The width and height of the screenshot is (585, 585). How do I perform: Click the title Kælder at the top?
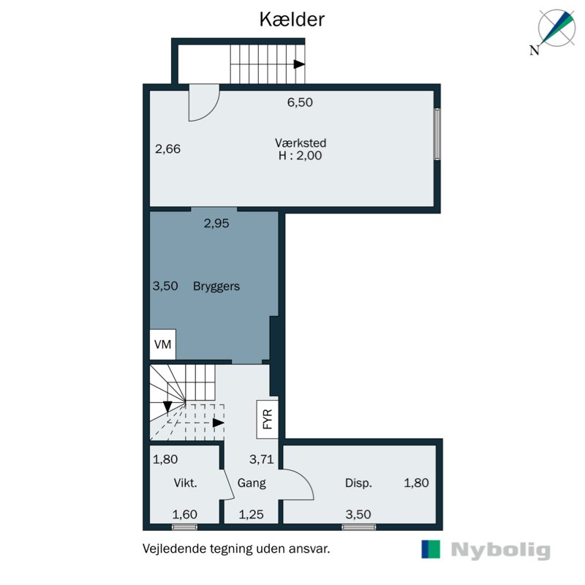[292, 20]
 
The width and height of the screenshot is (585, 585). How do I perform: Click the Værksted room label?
[300, 143]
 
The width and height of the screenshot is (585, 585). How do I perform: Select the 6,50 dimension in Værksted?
[300, 102]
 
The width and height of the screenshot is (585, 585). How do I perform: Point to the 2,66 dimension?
[167, 148]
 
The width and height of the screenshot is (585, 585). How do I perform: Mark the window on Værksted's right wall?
[437, 134]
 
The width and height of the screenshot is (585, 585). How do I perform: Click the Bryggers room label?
[216, 286]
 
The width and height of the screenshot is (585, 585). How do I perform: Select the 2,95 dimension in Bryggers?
[216, 224]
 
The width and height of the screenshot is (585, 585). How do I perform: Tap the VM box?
[162, 344]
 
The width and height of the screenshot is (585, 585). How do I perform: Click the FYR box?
[267, 418]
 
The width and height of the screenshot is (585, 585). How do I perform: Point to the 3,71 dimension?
[261, 460]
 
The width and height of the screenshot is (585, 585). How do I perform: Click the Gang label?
[252, 483]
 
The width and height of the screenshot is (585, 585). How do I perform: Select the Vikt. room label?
[185, 483]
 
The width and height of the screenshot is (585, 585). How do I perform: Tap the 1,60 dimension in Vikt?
[184, 514]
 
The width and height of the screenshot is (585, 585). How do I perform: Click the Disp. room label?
[358, 483]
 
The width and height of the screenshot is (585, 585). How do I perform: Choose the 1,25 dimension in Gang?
[252, 514]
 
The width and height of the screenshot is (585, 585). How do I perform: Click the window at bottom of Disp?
[358, 526]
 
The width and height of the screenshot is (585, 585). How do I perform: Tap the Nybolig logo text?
[500, 551]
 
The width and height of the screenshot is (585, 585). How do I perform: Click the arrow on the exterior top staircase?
[298, 64]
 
